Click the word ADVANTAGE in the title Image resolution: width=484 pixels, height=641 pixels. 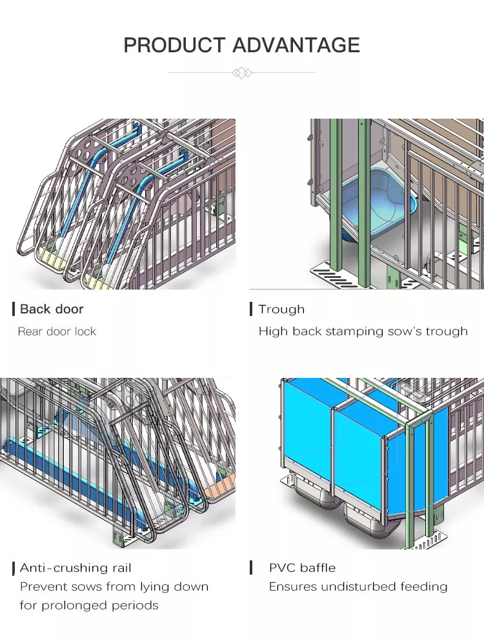pyautogui.click(x=297, y=45)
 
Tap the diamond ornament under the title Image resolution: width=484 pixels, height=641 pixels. pyautogui.click(x=242, y=73)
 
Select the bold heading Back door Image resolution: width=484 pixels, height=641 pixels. pyautogui.click(x=52, y=309)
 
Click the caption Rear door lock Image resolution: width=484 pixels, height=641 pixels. pyautogui.click(x=57, y=331)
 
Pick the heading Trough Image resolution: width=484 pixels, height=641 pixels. pyautogui.click(x=281, y=310)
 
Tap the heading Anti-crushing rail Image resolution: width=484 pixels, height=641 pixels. pyautogui.click(x=76, y=568)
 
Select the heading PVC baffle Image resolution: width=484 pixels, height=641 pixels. pyautogui.click(x=303, y=568)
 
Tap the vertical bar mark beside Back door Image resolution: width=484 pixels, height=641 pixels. pyautogui.click(x=14, y=309)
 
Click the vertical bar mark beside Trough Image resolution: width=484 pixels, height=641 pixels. pyautogui.click(x=251, y=309)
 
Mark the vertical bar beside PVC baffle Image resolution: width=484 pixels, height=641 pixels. pyautogui.click(x=251, y=567)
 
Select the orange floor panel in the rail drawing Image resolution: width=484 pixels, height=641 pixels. pyautogui.click(x=220, y=488)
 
